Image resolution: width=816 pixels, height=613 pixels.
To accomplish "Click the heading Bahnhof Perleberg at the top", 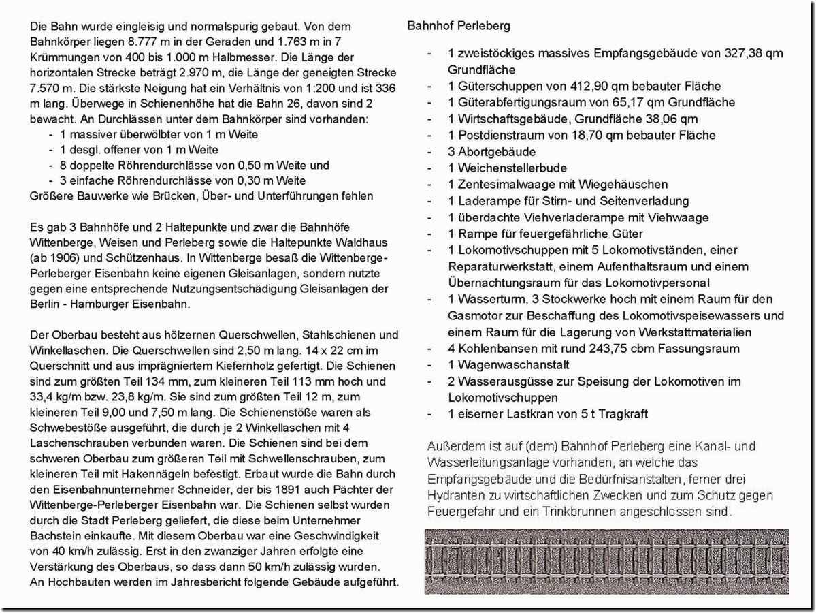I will coord(459,26).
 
